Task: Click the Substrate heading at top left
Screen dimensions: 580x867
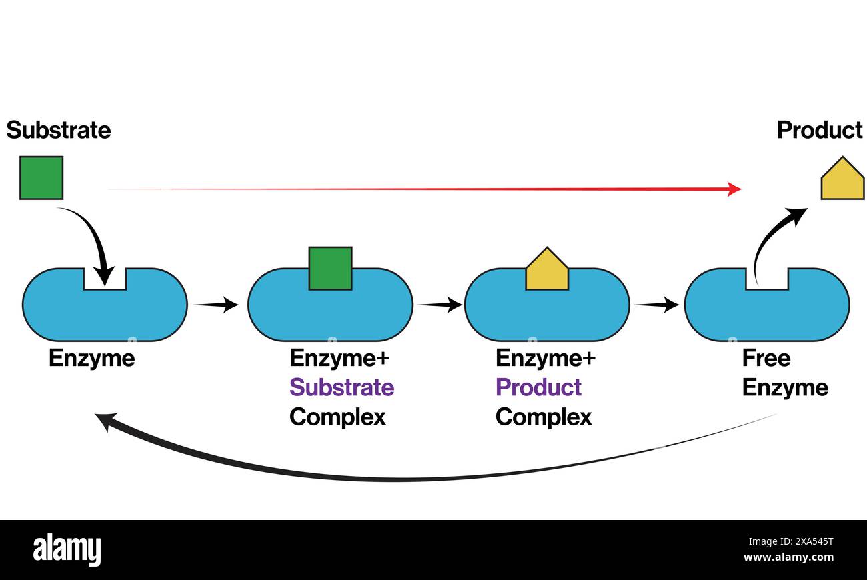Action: tap(59, 129)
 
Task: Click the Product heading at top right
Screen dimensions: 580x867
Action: tap(819, 129)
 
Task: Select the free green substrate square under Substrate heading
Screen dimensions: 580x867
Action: tap(41, 178)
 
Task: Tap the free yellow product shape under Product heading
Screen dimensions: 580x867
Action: tap(842, 181)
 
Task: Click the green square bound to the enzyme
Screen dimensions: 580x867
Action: tap(330, 269)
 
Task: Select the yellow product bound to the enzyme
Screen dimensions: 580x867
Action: tap(547, 272)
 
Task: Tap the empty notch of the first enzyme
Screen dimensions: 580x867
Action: tap(105, 280)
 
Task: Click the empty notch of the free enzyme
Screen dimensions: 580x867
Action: tap(767, 280)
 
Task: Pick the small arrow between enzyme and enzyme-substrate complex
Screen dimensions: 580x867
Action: tap(216, 305)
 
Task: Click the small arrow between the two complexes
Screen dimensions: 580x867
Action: tap(440, 305)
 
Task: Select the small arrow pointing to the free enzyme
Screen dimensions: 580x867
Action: tap(656, 305)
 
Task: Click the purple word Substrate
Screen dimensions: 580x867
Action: tap(341, 387)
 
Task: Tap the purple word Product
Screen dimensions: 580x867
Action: tap(538, 387)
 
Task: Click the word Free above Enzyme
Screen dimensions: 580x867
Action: tap(766, 359)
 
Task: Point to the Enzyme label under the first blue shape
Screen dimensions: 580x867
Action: tap(91, 359)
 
